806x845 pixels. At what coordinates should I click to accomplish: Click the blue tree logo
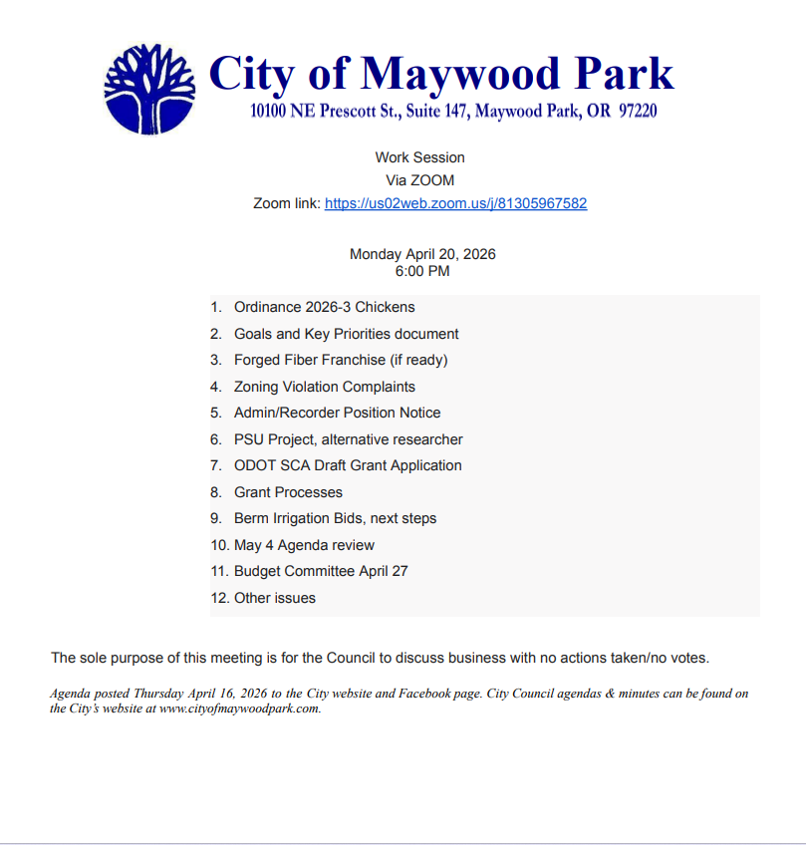149,89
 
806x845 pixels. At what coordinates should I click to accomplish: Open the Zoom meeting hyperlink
455,203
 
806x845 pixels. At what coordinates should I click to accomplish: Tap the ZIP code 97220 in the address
637,112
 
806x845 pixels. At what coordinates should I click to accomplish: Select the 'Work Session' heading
419,157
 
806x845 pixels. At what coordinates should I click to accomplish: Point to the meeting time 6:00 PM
422,271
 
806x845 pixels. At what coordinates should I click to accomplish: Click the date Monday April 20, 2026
422,254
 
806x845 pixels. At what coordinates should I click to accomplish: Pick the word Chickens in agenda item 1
386,307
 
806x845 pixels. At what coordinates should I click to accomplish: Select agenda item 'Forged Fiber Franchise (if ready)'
341,360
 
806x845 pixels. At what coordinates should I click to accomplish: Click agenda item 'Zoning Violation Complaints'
325,387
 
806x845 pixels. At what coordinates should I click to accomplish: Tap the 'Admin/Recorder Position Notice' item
337,413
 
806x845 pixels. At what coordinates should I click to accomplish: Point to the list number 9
215,518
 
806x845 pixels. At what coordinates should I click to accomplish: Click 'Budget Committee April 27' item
321,571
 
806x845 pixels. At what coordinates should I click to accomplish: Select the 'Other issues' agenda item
275,598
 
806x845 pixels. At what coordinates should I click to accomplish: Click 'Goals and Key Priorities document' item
347,334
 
